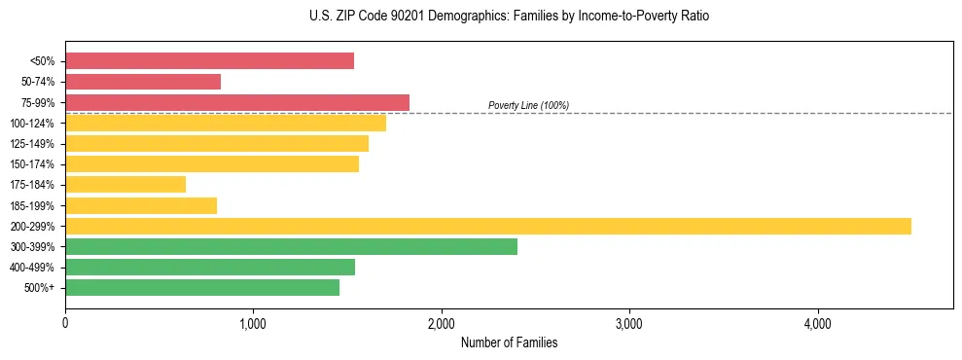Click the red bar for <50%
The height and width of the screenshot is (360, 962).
point(209,61)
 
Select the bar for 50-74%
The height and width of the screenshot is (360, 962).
point(143,82)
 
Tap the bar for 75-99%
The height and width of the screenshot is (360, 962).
point(237,102)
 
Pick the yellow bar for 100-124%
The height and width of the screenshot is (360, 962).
point(226,123)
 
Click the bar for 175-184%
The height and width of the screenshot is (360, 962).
point(125,184)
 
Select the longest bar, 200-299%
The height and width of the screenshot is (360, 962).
point(488,226)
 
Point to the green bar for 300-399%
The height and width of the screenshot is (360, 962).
point(291,246)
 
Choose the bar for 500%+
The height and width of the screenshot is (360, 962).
point(202,287)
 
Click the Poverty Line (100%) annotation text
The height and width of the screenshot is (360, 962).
point(528,105)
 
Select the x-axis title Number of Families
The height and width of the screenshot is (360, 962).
point(509,343)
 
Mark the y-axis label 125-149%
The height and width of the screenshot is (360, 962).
point(31,143)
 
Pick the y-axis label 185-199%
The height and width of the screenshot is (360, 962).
point(31,205)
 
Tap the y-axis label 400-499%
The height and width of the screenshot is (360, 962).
point(31,267)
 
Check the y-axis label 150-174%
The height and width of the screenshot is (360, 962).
point(31,163)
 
